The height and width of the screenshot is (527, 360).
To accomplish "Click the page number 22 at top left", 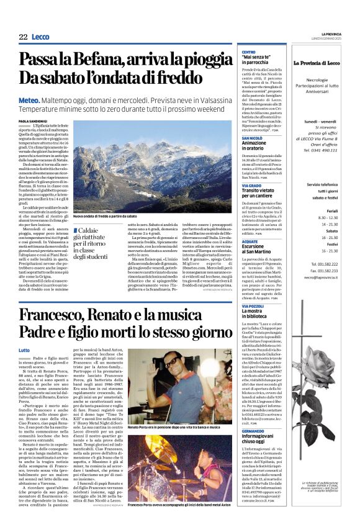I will point(23,37).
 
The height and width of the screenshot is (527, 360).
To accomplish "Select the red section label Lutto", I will point(24,351).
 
